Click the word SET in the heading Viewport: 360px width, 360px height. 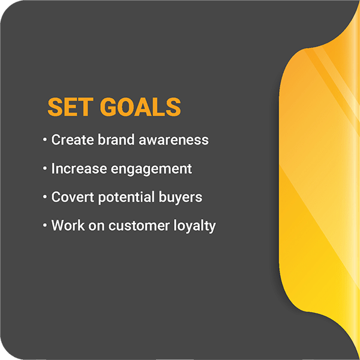pyautogui.click(x=70, y=107)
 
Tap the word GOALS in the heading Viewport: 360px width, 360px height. pyautogui.click(x=140, y=107)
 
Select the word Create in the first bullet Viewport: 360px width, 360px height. pyautogui.click(x=73, y=140)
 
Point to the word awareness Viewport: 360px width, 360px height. pyautogui.click(x=174, y=140)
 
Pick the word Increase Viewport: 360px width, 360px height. pyautogui.click(x=79, y=169)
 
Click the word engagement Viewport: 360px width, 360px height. pyautogui.click(x=152, y=169)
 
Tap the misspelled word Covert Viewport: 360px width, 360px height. pyautogui.click(x=73, y=197)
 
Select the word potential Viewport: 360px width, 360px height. pyautogui.click(x=126, y=197)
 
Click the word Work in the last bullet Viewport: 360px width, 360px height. pyautogui.click(x=68, y=226)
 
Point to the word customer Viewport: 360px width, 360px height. pyautogui.click(x=139, y=226)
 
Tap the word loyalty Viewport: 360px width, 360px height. pyautogui.click(x=194, y=226)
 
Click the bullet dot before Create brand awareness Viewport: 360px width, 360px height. pyautogui.click(x=45, y=140)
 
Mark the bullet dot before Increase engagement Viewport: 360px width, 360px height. pyautogui.click(x=45, y=169)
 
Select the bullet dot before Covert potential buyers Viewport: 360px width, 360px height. pyautogui.click(x=45, y=197)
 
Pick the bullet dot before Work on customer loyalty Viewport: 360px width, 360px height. pyautogui.click(x=45, y=226)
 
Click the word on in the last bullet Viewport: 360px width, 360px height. pyautogui.click(x=97, y=226)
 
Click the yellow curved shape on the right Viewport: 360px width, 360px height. pyautogui.click(x=319, y=179)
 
